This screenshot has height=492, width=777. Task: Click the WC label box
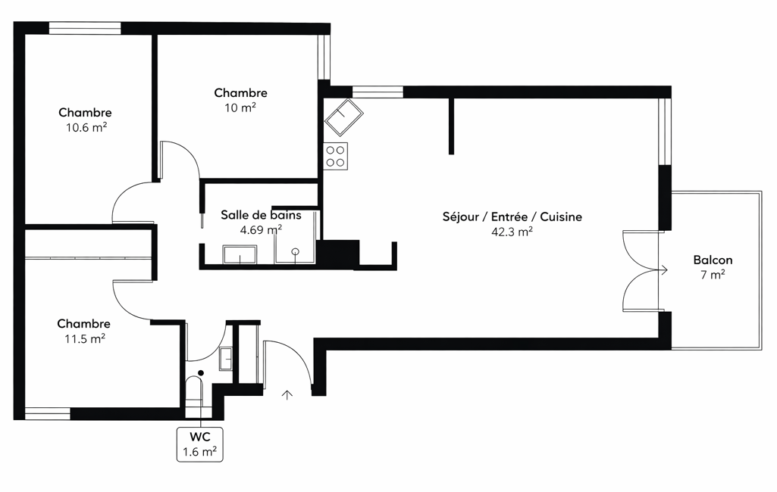pos(199,444)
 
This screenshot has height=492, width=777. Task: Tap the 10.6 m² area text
pos(86,127)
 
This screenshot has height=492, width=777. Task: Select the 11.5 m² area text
pos(85,338)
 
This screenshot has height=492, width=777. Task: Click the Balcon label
pos(713,260)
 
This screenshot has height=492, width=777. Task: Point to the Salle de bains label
pos(261,215)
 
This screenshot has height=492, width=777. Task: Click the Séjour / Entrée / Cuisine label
pos(512,216)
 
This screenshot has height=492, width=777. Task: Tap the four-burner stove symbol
pos(336,156)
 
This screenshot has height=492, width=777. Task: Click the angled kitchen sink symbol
pos(344,117)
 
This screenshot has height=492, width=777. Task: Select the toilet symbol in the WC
pos(194,394)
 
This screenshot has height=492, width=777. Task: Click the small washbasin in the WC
pos(226,358)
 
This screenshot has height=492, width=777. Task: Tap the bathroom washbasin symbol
pos(240,254)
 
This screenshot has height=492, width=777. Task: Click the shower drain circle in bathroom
pos(296,251)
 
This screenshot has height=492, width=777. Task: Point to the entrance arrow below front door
pos(287,394)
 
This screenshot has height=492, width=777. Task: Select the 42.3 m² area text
pos(512,232)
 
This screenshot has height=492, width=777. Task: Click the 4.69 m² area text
pos(261,229)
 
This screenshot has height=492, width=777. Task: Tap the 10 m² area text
pos(240,107)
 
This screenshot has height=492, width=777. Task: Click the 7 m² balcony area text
pos(713,275)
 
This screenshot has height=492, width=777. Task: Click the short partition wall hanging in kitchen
pos(451,126)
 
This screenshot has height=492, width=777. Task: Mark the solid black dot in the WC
pos(201,372)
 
